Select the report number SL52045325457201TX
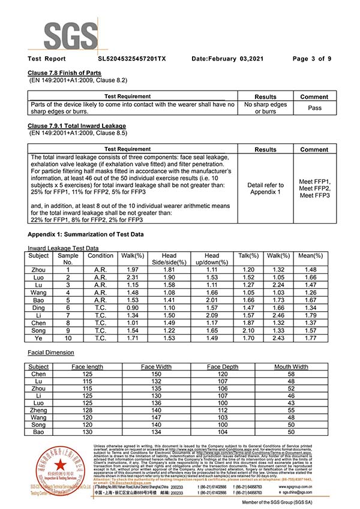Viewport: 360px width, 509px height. (x=131, y=59)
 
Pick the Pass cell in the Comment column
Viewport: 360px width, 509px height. (x=314, y=108)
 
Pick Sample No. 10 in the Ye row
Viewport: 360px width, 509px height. (x=68, y=339)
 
